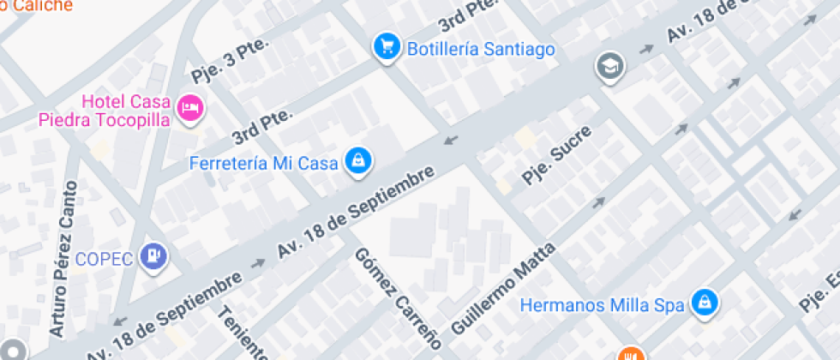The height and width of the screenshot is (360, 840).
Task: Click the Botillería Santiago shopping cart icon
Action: [387, 47]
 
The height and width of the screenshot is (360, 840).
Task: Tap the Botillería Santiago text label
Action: [481, 49]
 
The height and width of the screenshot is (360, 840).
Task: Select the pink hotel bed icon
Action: [190, 108]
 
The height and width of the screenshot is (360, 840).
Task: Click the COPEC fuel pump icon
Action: [155, 255]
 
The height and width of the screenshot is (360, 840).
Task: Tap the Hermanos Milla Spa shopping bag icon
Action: [705, 303]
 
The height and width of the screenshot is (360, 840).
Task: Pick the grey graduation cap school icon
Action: [610, 65]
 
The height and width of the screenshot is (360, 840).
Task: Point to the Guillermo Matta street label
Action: [503, 287]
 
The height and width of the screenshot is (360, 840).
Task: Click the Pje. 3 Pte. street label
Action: [230, 62]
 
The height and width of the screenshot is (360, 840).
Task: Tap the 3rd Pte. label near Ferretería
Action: [262, 126]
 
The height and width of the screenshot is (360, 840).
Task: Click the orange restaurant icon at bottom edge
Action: [631, 355]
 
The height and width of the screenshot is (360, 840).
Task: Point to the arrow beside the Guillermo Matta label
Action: [598, 203]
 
